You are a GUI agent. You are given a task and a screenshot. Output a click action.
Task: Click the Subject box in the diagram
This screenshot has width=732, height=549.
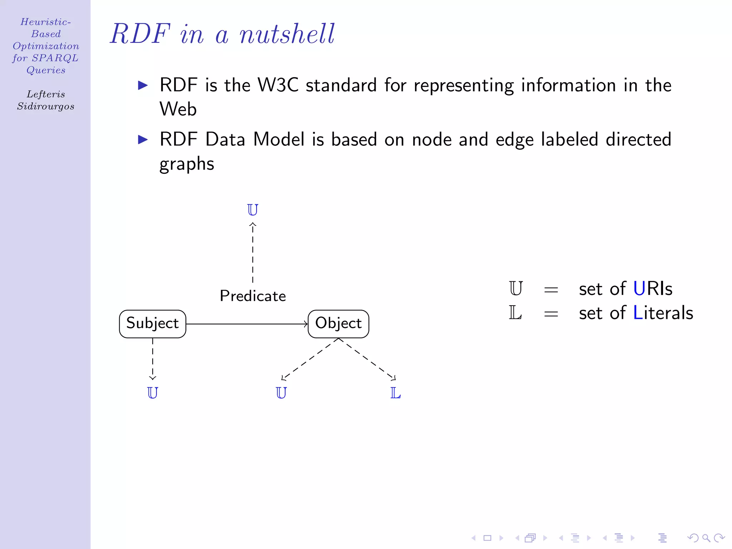click(x=153, y=324)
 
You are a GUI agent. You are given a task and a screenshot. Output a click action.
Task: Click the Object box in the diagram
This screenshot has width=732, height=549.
click(x=338, y=324)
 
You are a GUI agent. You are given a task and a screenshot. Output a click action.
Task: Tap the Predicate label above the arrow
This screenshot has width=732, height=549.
click(x=253, y=296)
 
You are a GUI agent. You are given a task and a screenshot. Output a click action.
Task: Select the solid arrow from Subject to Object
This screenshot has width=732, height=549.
click(x=247, y=324)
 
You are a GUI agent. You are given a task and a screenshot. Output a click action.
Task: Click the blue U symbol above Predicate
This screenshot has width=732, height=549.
click(x=252, y=210)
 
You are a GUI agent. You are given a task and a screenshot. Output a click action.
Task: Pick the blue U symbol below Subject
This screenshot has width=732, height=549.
click(x=153, y=393)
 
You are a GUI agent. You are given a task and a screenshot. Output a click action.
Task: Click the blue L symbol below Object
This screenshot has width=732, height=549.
click(x=395, y=393)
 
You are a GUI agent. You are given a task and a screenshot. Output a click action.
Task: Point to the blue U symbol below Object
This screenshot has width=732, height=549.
click(x=281, y=393)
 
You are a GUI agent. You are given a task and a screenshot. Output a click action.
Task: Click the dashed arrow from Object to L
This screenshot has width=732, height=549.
click(x=367, y=359)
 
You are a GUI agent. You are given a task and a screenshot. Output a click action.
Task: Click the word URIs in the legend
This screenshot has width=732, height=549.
click(x=653, y=289)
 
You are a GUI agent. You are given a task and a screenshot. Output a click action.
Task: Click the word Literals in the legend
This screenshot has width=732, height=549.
click(x=663, y=313)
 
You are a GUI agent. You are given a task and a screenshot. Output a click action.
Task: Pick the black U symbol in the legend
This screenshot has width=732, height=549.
click(x=516, y=288)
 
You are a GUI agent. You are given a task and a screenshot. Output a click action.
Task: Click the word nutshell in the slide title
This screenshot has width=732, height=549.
click(x=287, y=34)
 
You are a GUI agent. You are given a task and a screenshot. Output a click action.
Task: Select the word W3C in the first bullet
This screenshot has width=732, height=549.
click(x=278, y=85)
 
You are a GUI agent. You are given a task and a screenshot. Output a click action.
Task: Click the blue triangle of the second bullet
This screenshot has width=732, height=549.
click(x=143, y=139)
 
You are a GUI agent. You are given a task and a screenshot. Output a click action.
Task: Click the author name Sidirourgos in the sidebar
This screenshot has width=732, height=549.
click(x=46, y=107)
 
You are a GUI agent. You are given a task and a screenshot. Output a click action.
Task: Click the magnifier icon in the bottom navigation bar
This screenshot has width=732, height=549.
click(x=706, y=538)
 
